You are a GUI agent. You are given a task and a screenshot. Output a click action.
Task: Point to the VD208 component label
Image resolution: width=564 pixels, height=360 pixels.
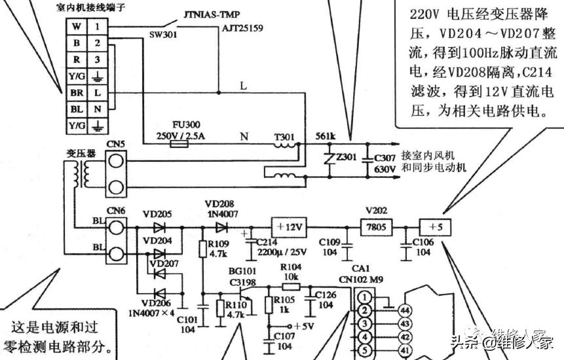click(219, 204)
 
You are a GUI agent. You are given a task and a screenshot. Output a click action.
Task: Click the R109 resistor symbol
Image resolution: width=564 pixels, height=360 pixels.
click(202, 249)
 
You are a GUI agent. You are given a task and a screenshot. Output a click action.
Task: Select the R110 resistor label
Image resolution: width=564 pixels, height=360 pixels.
click(235, 304)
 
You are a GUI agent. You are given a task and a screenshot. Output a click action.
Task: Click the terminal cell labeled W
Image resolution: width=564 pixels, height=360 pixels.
click(77, 27)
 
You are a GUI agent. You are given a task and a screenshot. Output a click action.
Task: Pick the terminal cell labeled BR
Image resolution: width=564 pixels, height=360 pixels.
click(77, 93)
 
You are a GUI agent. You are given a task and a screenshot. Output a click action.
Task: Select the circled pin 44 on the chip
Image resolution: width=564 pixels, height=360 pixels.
click(405, 310)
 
